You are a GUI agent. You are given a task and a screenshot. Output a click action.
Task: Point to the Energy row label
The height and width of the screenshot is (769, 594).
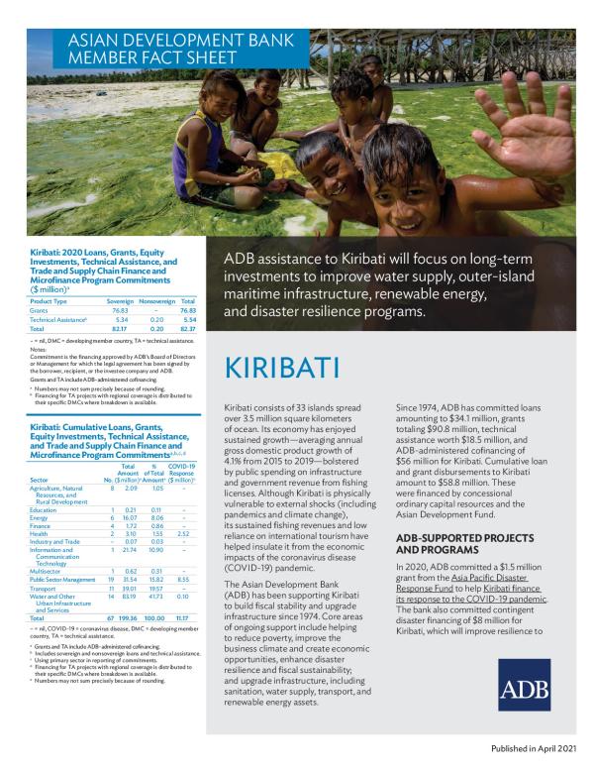[x=41, y=517]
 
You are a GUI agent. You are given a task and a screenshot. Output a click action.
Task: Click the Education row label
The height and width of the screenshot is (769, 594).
[x=45, y=509]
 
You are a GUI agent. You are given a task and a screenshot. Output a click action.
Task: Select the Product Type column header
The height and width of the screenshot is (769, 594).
[x=49, y=300]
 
